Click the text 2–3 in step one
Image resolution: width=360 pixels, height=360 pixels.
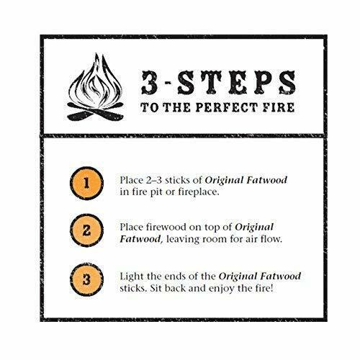178,178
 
